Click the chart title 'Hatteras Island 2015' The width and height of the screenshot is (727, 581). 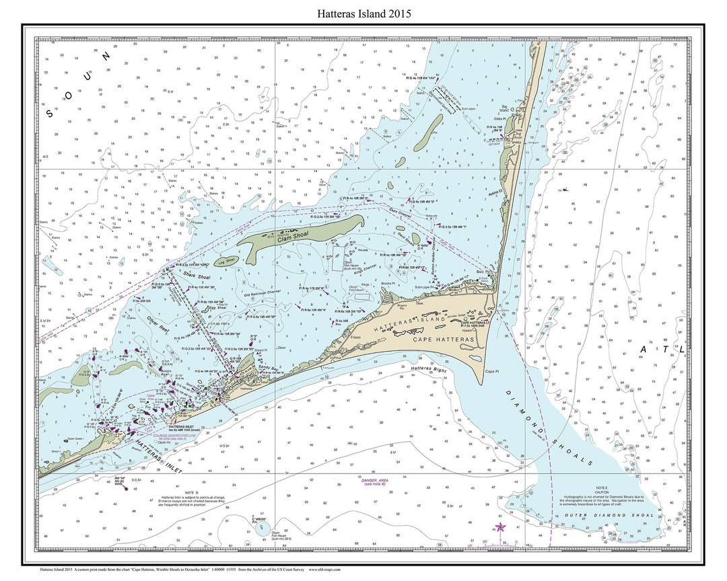[x=363, y=13]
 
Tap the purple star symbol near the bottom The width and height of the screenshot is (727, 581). [x=499, y=527]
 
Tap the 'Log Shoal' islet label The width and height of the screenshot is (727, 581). [x=226, y=260]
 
